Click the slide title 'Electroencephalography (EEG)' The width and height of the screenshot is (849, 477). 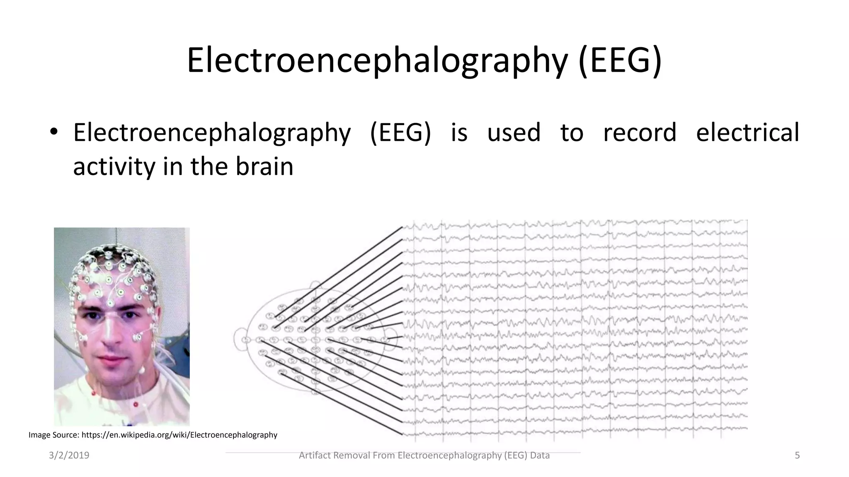[424, 60]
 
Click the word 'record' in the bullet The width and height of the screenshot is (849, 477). [639, 132]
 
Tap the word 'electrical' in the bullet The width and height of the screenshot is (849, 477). [747, 132]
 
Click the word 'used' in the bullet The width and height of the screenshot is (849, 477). [514, 132]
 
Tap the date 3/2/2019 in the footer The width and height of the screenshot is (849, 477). [69, 455]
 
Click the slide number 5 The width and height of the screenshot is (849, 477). [797, 455]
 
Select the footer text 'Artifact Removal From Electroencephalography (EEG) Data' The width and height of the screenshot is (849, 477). [424, 455]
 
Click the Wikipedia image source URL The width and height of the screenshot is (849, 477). [179, 435]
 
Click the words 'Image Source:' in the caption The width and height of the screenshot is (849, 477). [53, 435]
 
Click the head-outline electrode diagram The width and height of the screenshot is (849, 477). [315, 340]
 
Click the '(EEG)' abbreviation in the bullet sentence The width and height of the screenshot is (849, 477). [400, 132]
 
